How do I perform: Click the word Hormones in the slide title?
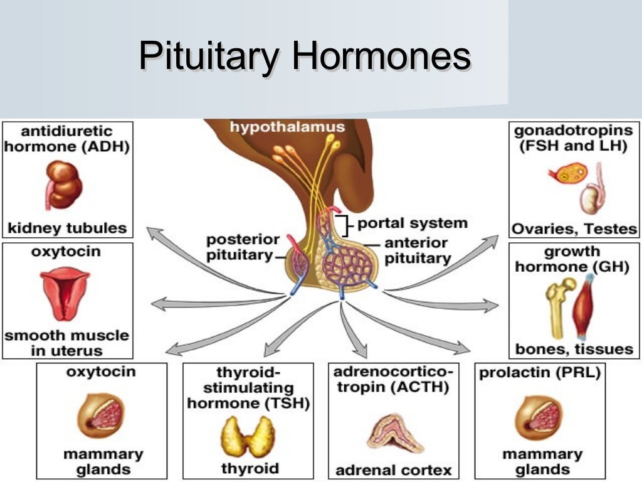(x=381, y=56)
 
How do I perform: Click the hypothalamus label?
(x=287, y=127)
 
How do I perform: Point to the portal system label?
(x=411, y=223)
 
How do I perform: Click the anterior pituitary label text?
(x=416, y=250)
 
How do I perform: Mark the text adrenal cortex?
(x=393, y=469)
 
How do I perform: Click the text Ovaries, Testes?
(x=573, y=228)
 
